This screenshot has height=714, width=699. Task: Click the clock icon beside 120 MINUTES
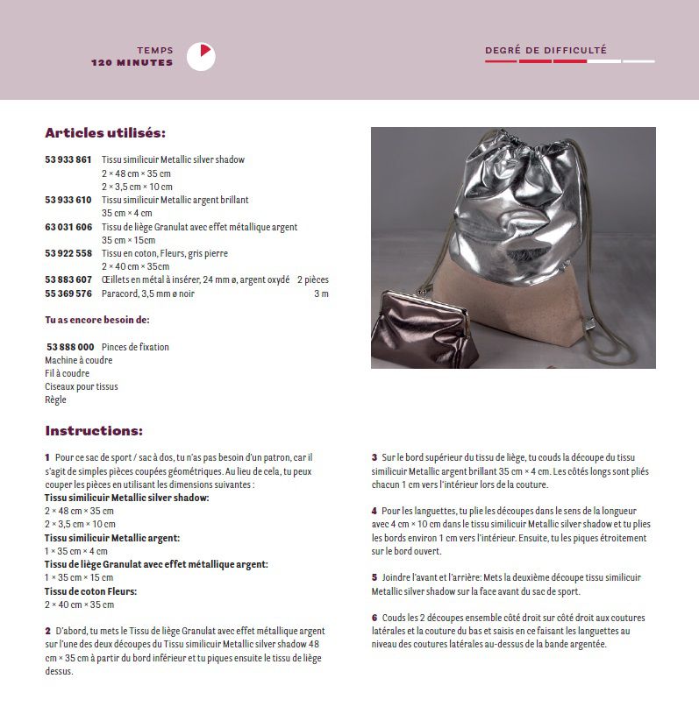coord(201,57)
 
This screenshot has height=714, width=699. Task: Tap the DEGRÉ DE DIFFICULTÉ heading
coord(546,50)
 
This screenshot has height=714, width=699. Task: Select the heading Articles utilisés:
coord(105,133)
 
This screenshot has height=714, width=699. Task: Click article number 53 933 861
coord(68,160)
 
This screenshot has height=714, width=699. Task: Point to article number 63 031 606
coord(68,227)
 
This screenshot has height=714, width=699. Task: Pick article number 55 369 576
coord(68,293)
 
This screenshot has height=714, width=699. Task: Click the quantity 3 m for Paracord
coord(321,293)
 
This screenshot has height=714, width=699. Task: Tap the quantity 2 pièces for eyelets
coord(312,279)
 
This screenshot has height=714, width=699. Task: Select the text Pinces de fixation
coord(135,347)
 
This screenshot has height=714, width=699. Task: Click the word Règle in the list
coord(55,399)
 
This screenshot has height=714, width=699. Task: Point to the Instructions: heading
coord(94,431)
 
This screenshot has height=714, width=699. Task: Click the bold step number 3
coord(374,457)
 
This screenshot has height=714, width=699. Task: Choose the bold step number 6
coord(374,618)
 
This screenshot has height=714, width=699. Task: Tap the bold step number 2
coord(47,631)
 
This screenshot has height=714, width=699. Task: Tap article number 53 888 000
coord(70,347)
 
